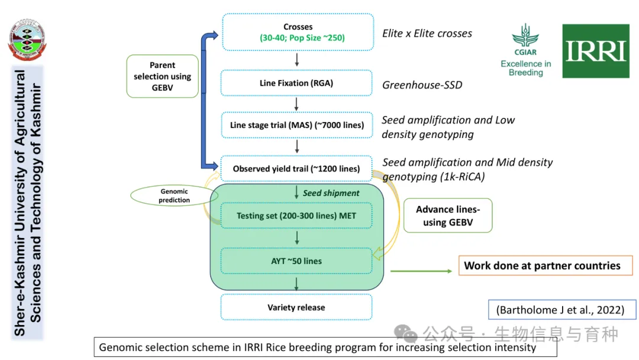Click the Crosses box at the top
click(297, 33)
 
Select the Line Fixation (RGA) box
click(296, 83)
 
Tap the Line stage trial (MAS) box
click(297, 125)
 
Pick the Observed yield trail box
click(296, 169)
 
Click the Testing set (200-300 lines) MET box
click(296, 216)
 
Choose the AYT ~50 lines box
click(296, 261)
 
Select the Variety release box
click(296, 307)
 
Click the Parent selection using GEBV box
click(162, 76)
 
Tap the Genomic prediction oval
click(174, 195)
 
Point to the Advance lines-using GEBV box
click(447, 216)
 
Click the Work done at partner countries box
click(546, 265)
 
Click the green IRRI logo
click(595, 51)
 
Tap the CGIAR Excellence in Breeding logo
click(525, 51)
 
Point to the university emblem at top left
click(27, 40)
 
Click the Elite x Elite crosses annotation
click(427, 33)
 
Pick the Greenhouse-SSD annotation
click(422, 85)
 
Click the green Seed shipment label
click(331, 193)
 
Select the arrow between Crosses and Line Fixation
click(296, 59)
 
